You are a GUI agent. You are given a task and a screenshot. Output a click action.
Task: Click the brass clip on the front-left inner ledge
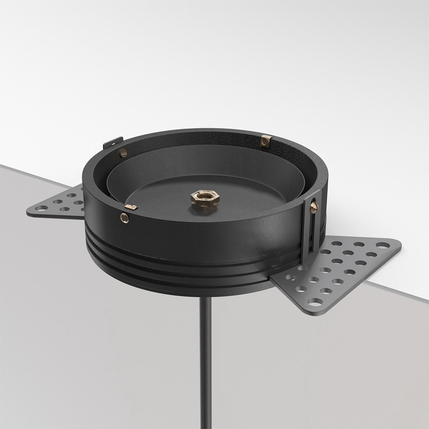pos(130,206)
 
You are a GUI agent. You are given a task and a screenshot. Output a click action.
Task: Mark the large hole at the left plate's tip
pos(39,209)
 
